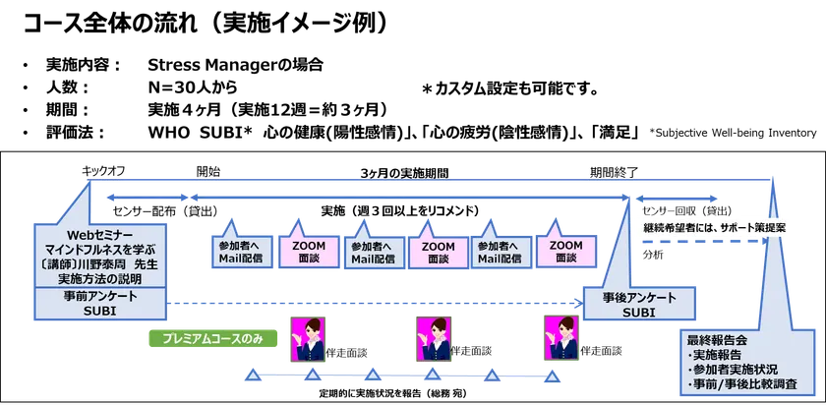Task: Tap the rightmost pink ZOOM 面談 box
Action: click(565, 252)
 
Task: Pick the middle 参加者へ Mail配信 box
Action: click(373, 253)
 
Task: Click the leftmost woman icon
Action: click(303, 337)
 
